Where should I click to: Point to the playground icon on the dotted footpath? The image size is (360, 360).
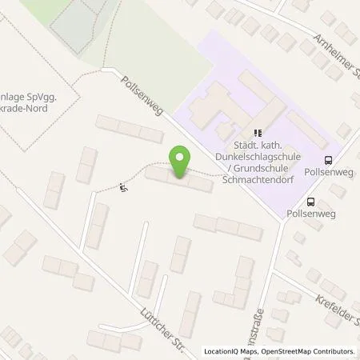point(123,189)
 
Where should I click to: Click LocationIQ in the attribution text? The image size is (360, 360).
point(221,351)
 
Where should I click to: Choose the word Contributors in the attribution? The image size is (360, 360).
point(334,351)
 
